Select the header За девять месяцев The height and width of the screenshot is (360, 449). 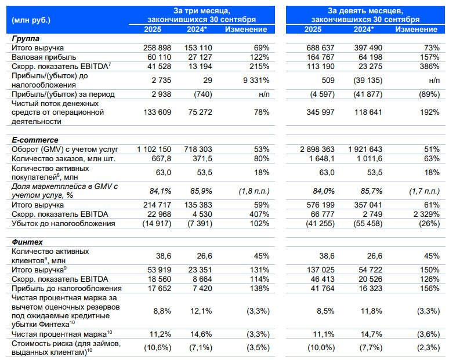pos(365,10)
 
